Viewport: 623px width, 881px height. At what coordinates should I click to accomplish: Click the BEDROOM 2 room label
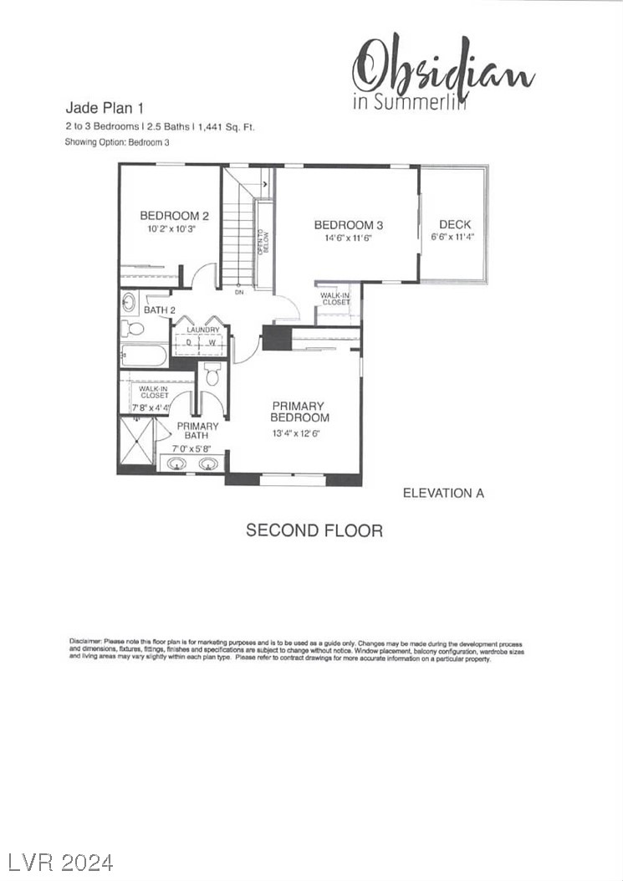(174, 215)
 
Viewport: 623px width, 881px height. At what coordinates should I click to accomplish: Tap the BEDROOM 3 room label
(348, 225)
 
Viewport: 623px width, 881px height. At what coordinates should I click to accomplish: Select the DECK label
(454, 224)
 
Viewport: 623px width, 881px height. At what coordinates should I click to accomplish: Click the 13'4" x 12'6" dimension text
(296, 433)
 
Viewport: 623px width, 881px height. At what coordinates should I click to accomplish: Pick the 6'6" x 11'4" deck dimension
(454, 237)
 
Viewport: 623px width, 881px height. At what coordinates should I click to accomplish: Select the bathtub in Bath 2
(145, 356)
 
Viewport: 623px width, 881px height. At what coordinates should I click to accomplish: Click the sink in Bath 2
(130, 301)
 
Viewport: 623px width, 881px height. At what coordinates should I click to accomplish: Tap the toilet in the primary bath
(212, 374)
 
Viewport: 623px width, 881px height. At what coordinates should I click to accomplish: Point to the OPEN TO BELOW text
(262, 243)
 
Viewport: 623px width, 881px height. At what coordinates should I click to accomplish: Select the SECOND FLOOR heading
(314, 530)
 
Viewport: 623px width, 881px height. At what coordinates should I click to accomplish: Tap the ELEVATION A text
(443, 493)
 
